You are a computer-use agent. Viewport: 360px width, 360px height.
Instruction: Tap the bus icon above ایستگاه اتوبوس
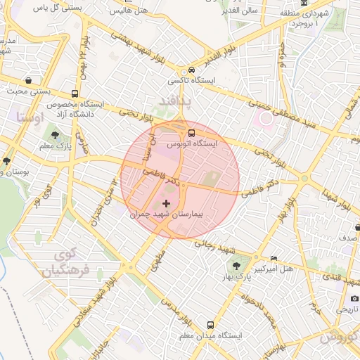191,132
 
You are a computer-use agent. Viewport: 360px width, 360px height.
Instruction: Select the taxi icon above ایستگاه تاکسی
190,72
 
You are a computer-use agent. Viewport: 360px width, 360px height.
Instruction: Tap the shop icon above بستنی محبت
27,79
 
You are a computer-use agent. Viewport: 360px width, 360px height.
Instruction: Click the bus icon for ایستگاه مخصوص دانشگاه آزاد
75,94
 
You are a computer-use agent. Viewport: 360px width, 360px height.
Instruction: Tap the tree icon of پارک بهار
236,266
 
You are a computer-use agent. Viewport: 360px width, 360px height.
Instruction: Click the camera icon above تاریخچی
355,297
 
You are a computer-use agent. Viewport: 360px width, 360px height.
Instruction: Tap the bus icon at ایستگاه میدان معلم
210,325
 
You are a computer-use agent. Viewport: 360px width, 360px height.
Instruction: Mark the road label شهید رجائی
218,246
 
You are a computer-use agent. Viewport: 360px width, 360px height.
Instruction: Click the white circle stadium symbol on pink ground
266,119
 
